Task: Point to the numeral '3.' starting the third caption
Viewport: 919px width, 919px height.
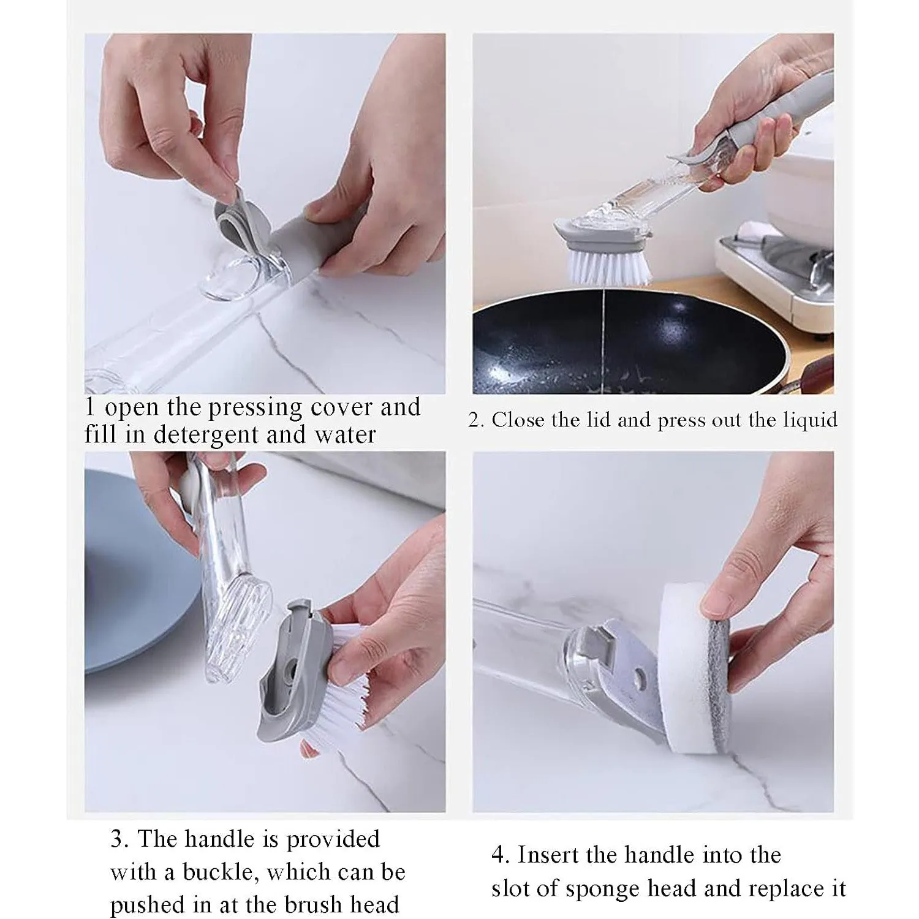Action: [119, 839]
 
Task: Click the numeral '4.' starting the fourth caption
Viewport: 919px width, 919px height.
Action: [501, 855]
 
